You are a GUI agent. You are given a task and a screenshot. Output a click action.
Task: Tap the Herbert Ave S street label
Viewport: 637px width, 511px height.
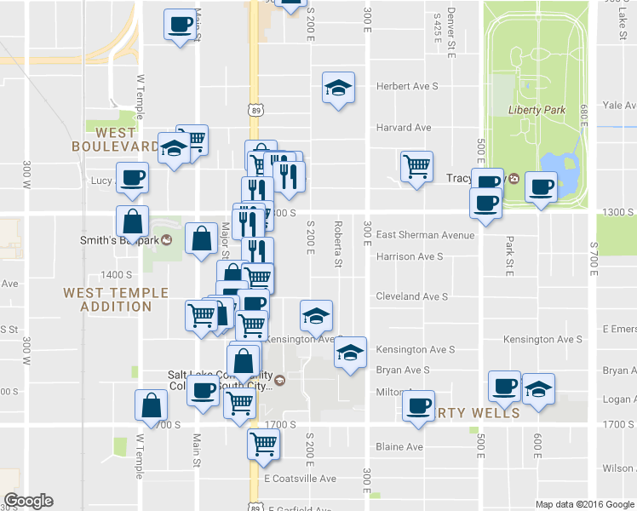(407, 87)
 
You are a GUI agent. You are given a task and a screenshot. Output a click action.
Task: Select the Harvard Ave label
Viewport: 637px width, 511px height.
(404, 128)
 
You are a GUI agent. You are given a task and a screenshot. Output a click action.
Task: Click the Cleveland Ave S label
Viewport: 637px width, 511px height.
(411, 296)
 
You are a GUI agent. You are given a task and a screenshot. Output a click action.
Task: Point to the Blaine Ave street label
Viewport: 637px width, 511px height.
(399, 446)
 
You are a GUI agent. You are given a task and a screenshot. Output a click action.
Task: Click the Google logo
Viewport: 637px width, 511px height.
(28, 501)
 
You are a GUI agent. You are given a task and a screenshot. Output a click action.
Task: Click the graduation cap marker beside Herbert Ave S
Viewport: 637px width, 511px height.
(338, 87)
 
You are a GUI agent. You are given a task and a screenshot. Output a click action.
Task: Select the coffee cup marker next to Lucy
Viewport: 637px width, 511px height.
(131, 178)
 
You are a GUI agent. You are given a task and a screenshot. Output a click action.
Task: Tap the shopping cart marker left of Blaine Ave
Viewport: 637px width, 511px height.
(264, 444)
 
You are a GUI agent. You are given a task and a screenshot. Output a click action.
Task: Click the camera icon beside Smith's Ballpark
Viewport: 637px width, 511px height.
(168, 240)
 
